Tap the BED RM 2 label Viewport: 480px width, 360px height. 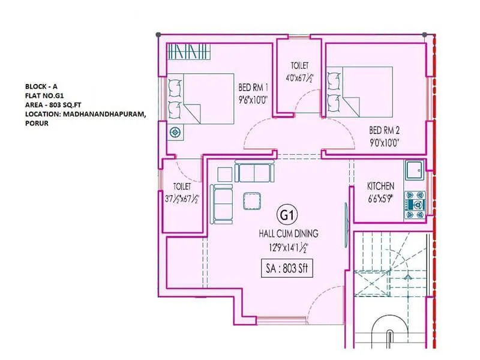385,130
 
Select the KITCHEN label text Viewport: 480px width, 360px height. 380,186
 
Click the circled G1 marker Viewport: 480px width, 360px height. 284,214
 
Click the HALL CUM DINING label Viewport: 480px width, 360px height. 288,234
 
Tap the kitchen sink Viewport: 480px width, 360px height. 414,170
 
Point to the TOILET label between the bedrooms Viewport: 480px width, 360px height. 300,65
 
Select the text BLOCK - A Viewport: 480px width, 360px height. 39,85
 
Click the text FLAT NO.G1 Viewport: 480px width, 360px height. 45,95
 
